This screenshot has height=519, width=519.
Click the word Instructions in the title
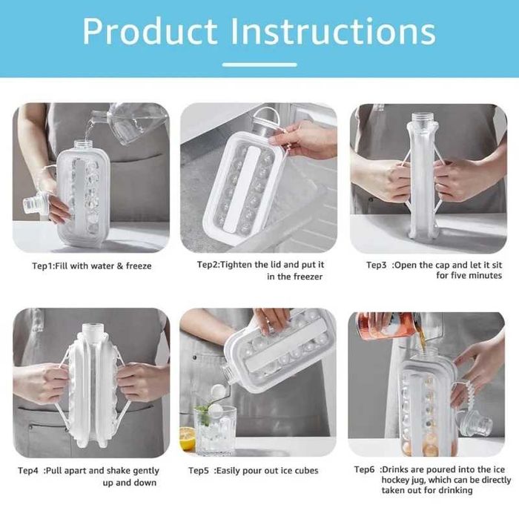334,31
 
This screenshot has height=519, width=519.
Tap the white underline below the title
259,65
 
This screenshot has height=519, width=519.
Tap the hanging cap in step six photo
475,423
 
